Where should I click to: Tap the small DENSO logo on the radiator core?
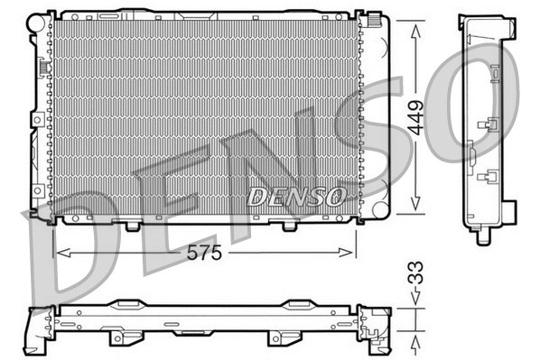(295, 195)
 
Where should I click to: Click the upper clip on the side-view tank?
(491, 127)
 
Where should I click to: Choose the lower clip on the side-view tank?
(491, 176)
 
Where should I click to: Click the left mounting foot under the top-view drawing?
(117, 338)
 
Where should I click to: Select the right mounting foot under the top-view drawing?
(280, 338)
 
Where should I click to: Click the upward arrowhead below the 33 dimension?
(416, 340)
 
